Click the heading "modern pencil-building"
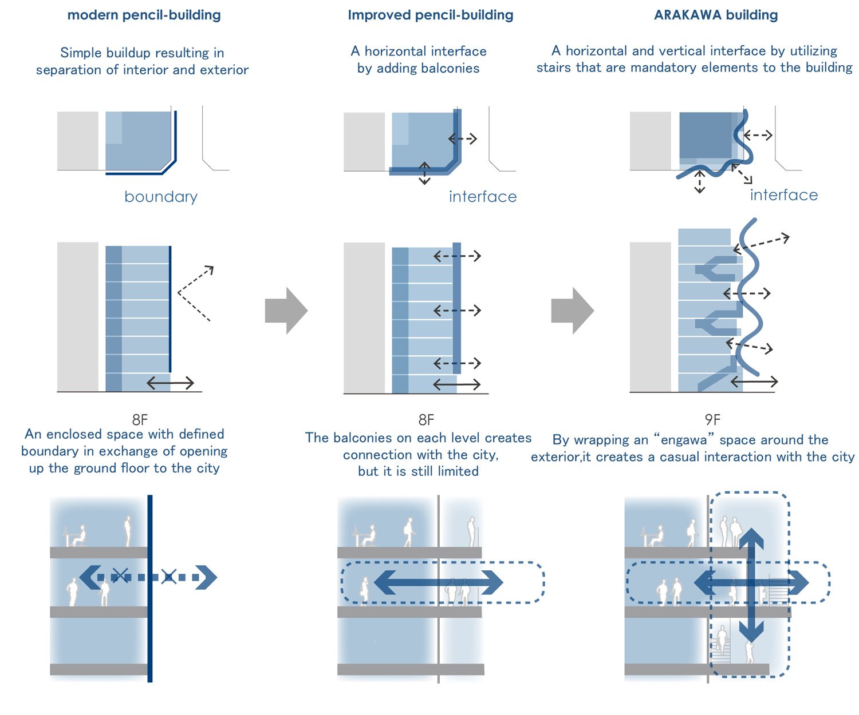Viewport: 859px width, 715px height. click(x=144, y=15)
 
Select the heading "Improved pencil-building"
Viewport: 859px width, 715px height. click(x=430, y=15)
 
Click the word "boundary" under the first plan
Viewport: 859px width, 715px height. click(x=161, y=197)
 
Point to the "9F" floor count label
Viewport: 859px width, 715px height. click(x=712, y=420)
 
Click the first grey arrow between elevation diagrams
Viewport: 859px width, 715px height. click(x=286, y=311)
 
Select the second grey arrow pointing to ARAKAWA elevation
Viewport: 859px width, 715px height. click(x=573, y=311)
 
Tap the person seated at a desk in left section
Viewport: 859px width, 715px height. click(x=76, y=535)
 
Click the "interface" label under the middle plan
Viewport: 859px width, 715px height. click(x=483, y=197)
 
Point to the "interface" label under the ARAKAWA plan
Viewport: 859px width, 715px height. click(x=783, y=195)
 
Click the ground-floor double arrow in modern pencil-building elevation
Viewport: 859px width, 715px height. click(x=171, y=383)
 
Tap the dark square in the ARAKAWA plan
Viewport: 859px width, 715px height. click(x=706, y=135)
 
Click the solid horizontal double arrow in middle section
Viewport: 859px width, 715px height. click(x=438, y=582)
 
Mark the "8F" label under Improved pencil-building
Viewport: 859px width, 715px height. click(x=426, y=420)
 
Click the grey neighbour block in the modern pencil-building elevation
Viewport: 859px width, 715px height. click(x=78, y=316)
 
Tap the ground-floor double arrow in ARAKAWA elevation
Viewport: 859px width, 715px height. click(x=754, y=381)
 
